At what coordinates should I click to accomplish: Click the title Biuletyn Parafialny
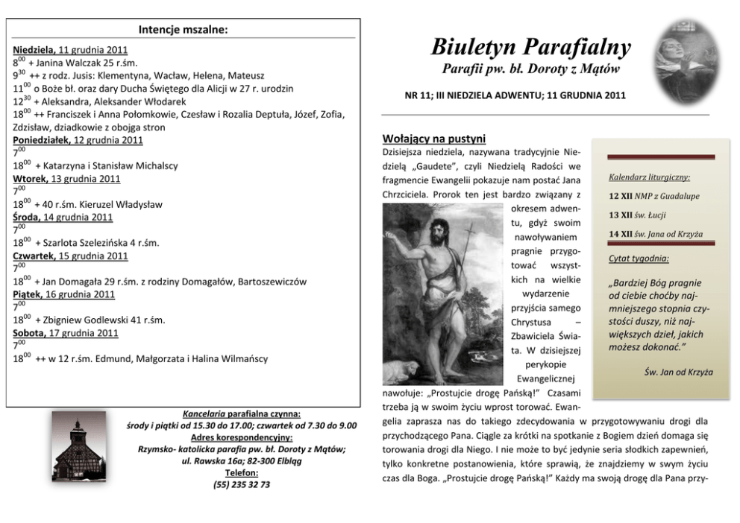point(530,48)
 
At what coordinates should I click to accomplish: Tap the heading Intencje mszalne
point(183,30)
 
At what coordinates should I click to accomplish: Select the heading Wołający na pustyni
point(433,139)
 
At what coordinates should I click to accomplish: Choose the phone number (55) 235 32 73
point(242,484)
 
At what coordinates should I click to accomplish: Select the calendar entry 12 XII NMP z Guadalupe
point(653,196)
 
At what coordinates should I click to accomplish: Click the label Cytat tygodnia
point(639,259)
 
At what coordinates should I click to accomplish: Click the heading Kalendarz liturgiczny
point(649,177)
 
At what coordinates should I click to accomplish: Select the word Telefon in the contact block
point(242,472)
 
